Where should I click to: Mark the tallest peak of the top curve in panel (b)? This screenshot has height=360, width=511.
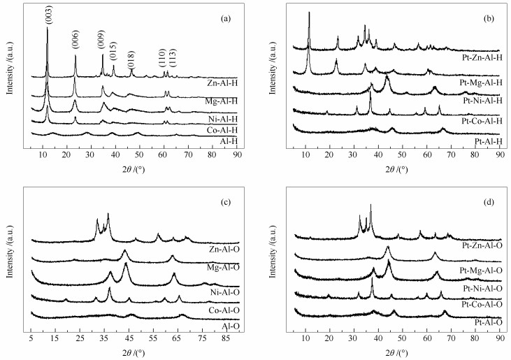309,13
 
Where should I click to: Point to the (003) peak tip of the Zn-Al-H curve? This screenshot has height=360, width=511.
48,28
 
